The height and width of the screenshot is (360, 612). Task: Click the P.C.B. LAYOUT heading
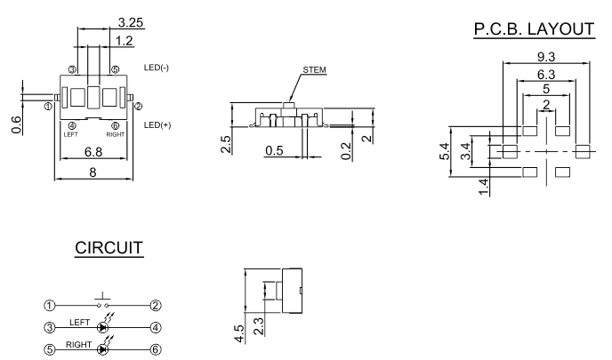coord(534,29)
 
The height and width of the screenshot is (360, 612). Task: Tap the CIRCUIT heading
coord(109,248)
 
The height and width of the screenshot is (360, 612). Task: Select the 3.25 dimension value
coord(131,22)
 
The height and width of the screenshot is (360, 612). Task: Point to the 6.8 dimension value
coord(93,152)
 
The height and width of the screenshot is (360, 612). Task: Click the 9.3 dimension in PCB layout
coord(546,57)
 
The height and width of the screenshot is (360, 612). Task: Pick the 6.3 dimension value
coord(546,74)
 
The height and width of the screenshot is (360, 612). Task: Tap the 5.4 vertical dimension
coord(445,151)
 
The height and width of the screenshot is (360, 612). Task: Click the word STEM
coord(315,70)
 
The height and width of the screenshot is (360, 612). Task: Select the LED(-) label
coord(157,68)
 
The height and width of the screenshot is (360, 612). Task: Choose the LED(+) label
coord(157,124)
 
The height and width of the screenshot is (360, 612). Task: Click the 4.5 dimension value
coord(239,334)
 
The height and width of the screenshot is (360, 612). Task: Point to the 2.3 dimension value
coord(258,326)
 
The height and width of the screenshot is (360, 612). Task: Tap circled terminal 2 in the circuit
coord(156,306)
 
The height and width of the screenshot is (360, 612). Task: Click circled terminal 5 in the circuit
coord(49,350)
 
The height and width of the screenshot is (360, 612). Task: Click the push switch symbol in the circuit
coord(102,300)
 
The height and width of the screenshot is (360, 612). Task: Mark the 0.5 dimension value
coord(274,150)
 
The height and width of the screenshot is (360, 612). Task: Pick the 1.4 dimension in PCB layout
coord(484,187)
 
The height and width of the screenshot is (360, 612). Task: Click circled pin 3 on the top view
coord(72,70)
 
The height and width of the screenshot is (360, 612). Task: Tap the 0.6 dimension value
coord(16,124)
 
